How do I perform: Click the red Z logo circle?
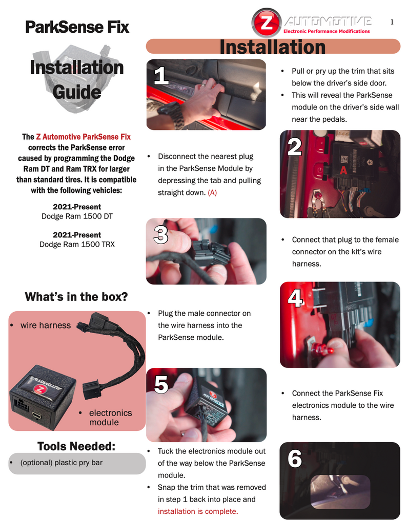point(267,23)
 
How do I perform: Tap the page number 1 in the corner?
point(392,21)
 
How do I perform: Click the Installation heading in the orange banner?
point(273,47)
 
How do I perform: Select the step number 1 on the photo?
point(161,76)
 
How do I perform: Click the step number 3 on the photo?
point(161,234)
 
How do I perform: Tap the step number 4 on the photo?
point(295,298)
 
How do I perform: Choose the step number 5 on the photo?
point(161,385)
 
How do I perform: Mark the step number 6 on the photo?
point(294,459)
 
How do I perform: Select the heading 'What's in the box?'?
point(76,297)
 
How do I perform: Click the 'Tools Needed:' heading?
point(76,446)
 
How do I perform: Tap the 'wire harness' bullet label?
point(45,325)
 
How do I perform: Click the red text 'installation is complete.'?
point(198,511)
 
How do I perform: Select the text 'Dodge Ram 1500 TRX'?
point(77,244)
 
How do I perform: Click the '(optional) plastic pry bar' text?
point(61,463)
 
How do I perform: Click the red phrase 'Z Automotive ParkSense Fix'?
point(83,137)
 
